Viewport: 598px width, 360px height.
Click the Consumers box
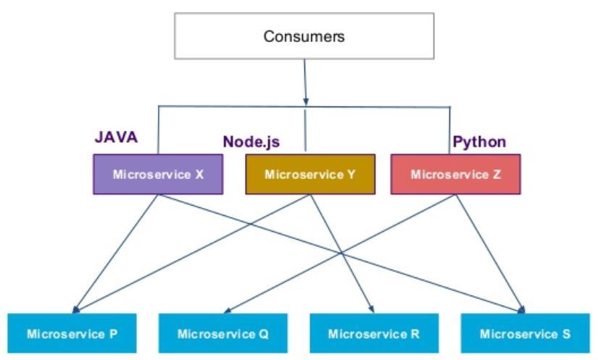pyautogui.click(x=304, y=36)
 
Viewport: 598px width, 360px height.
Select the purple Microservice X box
pyautogui.click(x=157, y=175)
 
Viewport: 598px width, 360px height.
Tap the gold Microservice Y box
pyautogui.click(x=310, y=175)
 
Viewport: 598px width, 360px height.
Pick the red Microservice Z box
pyautogui.click(x=455, y=175)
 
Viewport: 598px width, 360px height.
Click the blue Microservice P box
pyautogui.click(x=72, y=334)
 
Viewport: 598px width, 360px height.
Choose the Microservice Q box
pyautogui.click(x=223, y=334)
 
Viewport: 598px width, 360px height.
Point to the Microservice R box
pyautogui.click(x=373, y=334)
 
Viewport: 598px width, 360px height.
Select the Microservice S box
pyautogui.click(x=525, y=334)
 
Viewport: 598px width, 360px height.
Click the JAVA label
pyautogui.click(x=117, y=137)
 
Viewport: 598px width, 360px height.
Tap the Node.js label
pyautogui.click(x=251, y=142)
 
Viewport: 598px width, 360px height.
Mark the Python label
pyautogui.click(x=479, y=141)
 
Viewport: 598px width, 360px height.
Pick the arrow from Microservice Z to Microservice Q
pyautogui.click(x=326, y=254)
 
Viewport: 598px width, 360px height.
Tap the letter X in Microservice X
pyautogui.click(x=199, y=175)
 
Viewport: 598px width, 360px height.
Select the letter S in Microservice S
pyautogui.click(x=566, y=334)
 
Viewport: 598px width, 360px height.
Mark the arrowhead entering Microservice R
pyautogui.click(x=372, y=309)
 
